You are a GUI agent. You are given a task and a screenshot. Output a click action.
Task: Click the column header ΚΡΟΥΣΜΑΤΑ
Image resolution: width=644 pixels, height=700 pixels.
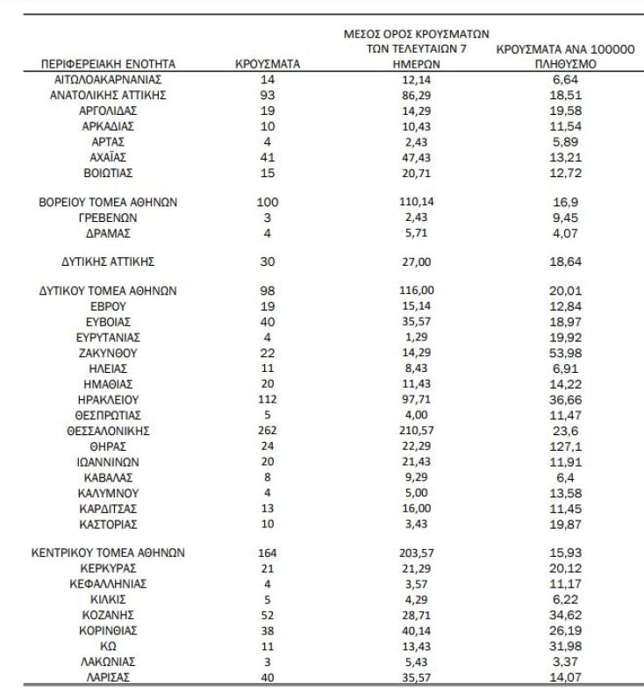tap(268, 64)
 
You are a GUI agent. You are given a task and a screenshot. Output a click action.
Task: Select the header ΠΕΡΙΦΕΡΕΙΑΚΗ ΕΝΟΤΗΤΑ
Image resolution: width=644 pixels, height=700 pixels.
tap(109, 64)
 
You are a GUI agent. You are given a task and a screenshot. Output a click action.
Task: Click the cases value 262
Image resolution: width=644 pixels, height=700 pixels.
tap(268, 431)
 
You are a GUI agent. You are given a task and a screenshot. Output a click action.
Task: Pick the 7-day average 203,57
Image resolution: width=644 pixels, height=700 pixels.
tap(414, 553)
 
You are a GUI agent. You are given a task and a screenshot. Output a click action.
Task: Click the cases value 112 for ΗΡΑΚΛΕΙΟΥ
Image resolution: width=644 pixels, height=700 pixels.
tap(268, 399)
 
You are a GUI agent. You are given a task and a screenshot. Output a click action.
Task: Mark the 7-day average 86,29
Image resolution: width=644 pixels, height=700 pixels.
tap(414, 95)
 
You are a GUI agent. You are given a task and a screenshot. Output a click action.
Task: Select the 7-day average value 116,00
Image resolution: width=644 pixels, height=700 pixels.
tap(414, 290)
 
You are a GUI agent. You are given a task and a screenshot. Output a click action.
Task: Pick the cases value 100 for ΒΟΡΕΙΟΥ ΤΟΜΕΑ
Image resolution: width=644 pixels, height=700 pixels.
tap(268, 202)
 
